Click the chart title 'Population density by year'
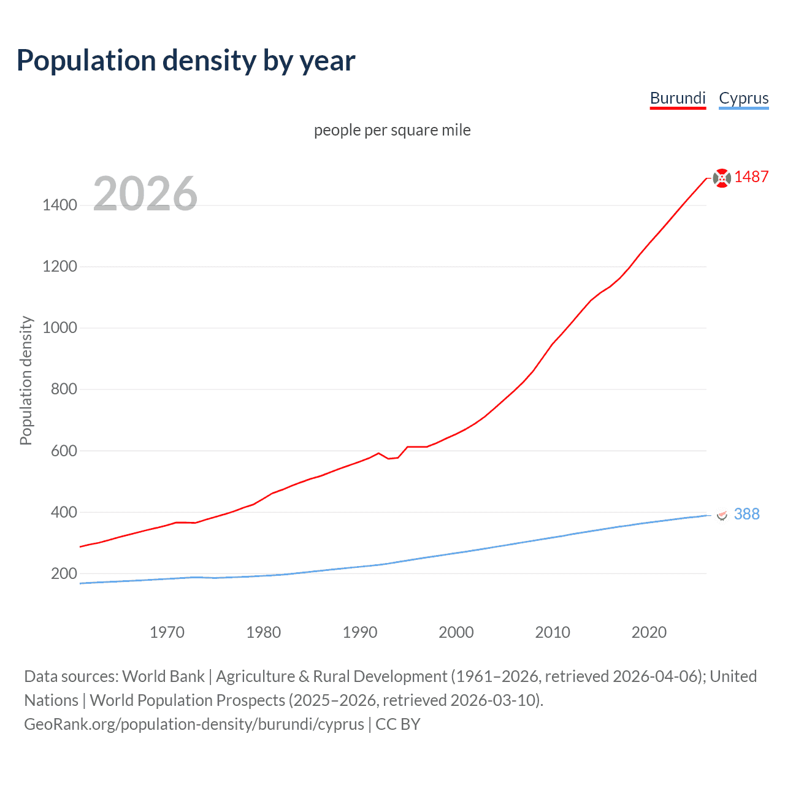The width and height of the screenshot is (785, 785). tap(186, 61)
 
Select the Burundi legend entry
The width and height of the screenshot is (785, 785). tap(678, 98)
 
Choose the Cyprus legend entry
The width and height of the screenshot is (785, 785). tap(743, 98)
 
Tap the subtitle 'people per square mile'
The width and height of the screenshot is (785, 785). tap(392, 131)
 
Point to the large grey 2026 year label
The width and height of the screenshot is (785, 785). tap(145, 194)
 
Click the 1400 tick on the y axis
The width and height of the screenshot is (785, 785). tap(59, 205)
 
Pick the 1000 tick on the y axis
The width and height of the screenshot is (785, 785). tap(59, 327)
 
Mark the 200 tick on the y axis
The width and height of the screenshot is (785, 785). tap(64, 573)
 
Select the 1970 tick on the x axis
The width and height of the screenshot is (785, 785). tap(167, 632)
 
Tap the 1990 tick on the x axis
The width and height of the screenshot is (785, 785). tap(360, 632)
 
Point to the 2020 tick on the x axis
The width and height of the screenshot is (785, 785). tap(649, 632)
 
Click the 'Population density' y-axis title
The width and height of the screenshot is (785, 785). tap(26, 380)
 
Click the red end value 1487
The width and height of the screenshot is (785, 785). tap(751, 177)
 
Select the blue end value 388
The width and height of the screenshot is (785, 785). tap(746, 514)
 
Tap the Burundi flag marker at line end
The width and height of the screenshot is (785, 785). tap(722, 178)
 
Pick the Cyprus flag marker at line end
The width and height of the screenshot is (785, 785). tap(722, 515)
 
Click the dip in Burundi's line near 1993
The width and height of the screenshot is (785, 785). tap(389, 458)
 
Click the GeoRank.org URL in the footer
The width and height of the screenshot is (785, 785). tap(194, 724)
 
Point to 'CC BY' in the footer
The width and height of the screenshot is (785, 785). tap(397, 724)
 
